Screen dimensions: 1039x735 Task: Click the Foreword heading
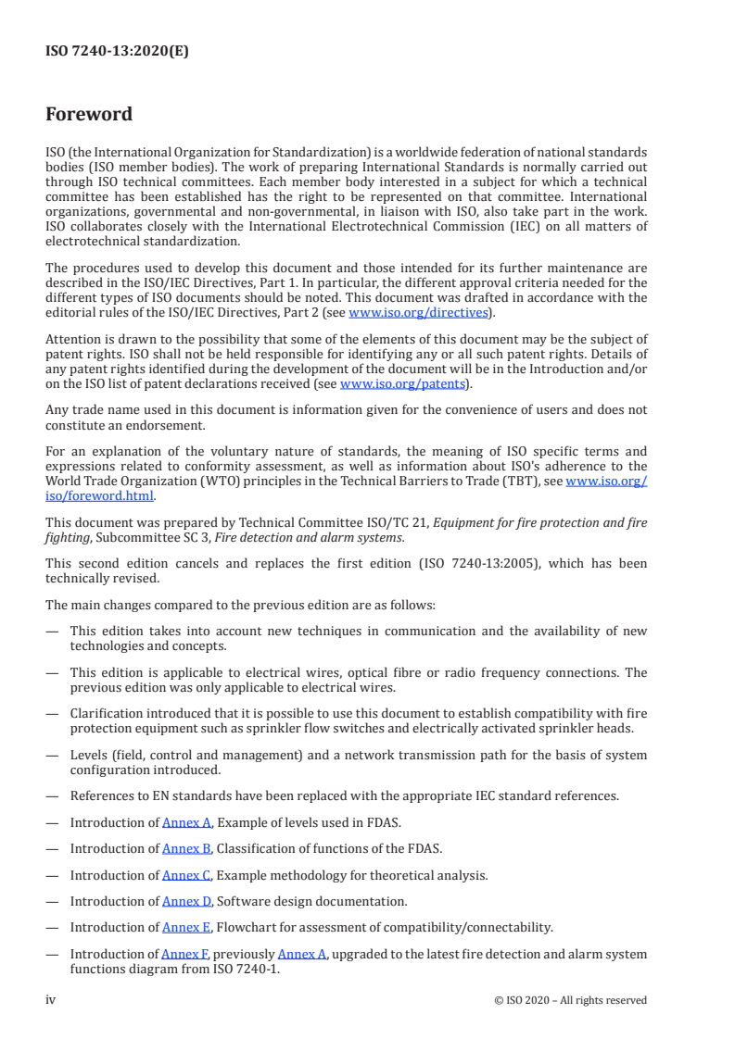click(89, 115)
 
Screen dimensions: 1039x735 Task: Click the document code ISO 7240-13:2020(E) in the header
click(117, 52)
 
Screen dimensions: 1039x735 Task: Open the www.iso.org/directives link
click(418, 312)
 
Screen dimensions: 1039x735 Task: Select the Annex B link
click(187, 848)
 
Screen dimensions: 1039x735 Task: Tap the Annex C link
click(187, 875)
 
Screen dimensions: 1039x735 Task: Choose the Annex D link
click(187, 901)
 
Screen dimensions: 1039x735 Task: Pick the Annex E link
click(186, 927)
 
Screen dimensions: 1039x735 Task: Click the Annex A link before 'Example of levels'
click(187, 822)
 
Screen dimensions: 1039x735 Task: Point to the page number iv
click(51, 1000)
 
